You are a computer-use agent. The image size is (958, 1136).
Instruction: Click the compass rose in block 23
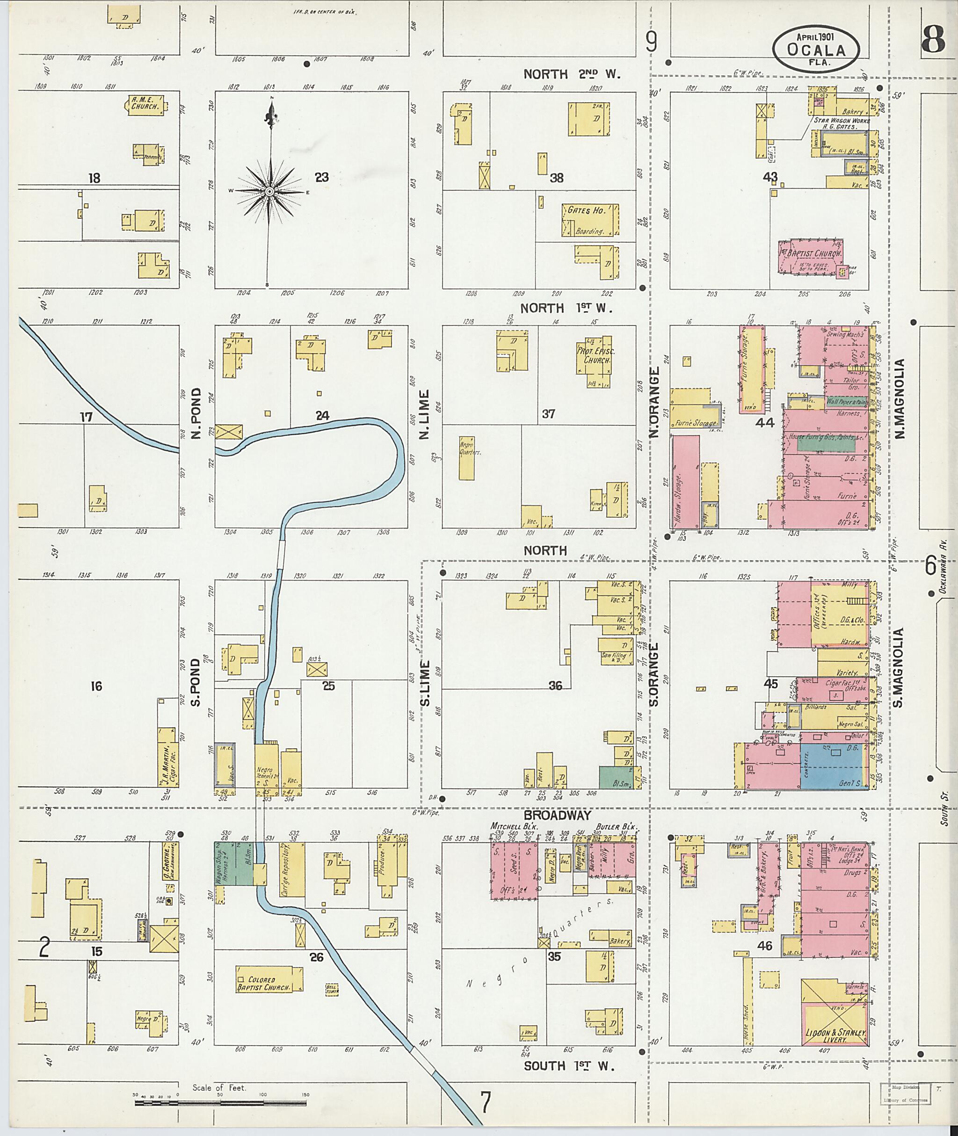[x=269, y=191]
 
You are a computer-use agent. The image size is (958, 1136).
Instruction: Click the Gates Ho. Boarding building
[x=590, y=220]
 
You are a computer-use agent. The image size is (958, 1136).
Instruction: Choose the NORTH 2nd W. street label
[x=571, y=74]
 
